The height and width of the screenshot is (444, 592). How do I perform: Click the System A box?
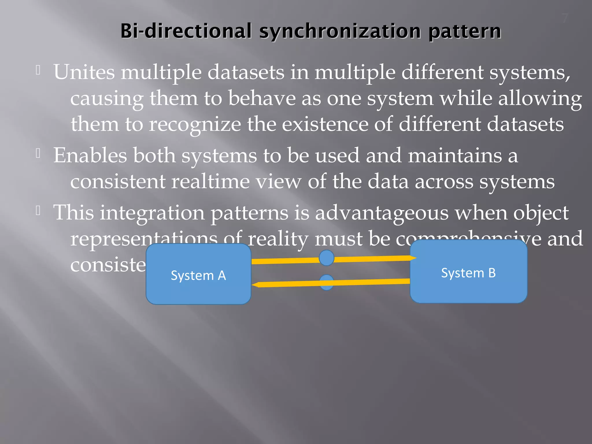point(198,274)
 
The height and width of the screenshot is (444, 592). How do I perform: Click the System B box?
point(468,272)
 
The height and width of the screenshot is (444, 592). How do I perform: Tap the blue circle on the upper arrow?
point(327,258)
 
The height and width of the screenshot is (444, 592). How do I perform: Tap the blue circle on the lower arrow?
point(327,282)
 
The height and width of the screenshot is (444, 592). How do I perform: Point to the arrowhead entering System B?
point(413,258)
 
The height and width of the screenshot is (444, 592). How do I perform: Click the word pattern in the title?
point(465,32)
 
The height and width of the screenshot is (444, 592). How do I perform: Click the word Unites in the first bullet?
point(84,72)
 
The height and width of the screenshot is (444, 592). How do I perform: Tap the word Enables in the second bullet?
point(90,156)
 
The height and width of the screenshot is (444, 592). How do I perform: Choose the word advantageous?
point(382,213)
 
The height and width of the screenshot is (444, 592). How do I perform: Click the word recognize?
point(195,125)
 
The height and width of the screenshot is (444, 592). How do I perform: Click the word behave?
point(262,99)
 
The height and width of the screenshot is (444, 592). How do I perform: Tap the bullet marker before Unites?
point(38,70)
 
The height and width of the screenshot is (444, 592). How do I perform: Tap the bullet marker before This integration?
point(38,211)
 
